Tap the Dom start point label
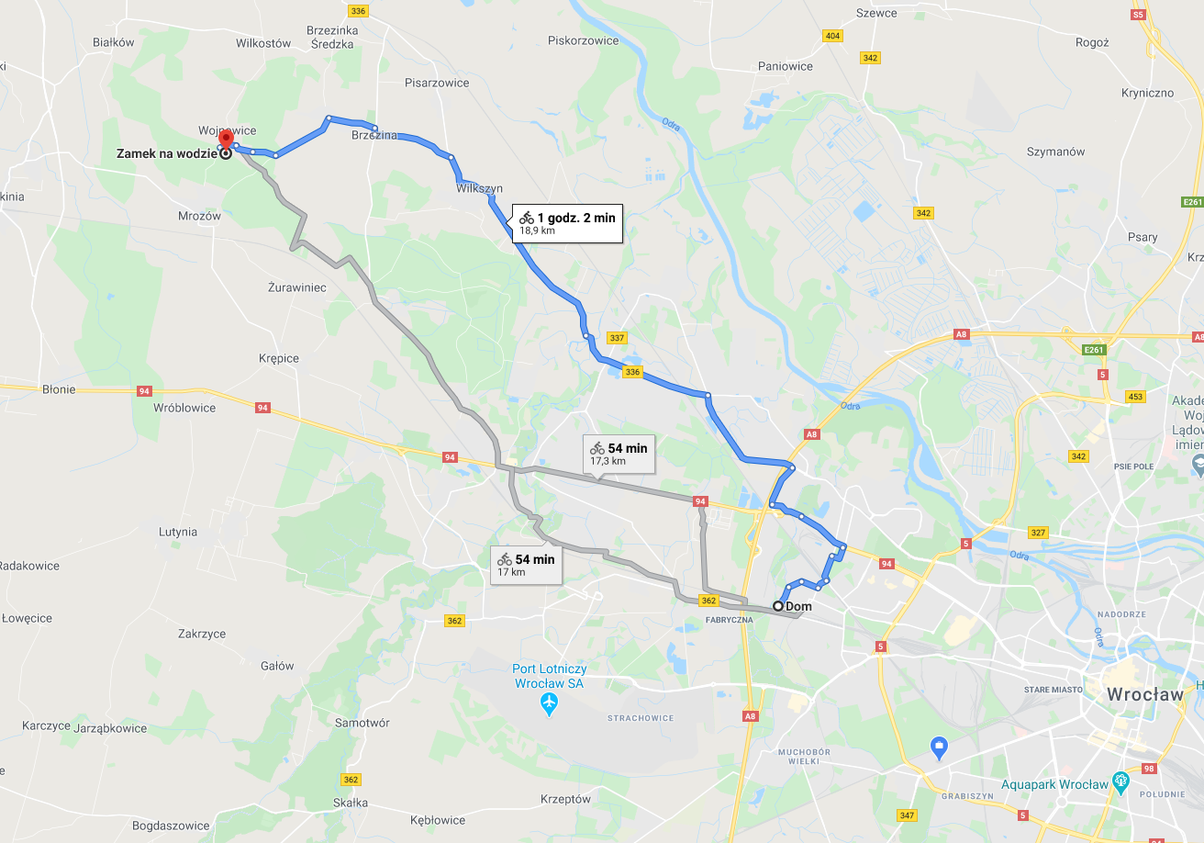click(x=798, y=606)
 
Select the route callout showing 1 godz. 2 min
click(x=566, y=223)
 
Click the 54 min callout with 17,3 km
click(x=619, y=453)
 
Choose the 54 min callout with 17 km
click(x=526, y=564)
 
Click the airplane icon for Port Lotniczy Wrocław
click(x=549, y=705)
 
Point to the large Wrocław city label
click(x=1145, y=694)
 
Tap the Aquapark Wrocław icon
click(x=1120, y=782)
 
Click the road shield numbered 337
click(x=617, y=338)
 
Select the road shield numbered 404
click(x=832, y=36)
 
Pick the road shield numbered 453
click(x=1135, y=397)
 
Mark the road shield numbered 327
click(x=1038, y=533)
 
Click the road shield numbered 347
click(x=907, y=815)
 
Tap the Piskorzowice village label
click(x=585, y=40)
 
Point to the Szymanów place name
click(x=1055, y=152)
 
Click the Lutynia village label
click(x=178, y=532)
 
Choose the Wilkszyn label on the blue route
click(x=479, y=188)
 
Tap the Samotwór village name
click(x=362, y=723)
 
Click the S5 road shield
click(x=1138, y=15)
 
